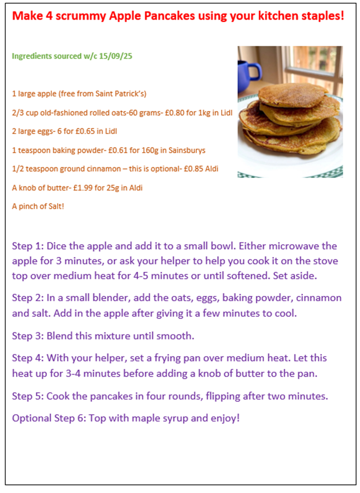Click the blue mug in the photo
click(x=249, y=71)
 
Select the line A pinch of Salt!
click(x=38, y=206)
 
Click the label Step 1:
click(x=28, y=246)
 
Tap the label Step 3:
click(x=28, y=336)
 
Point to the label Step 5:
click(x=28, y=396)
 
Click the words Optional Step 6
click(x=48, y=418)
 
